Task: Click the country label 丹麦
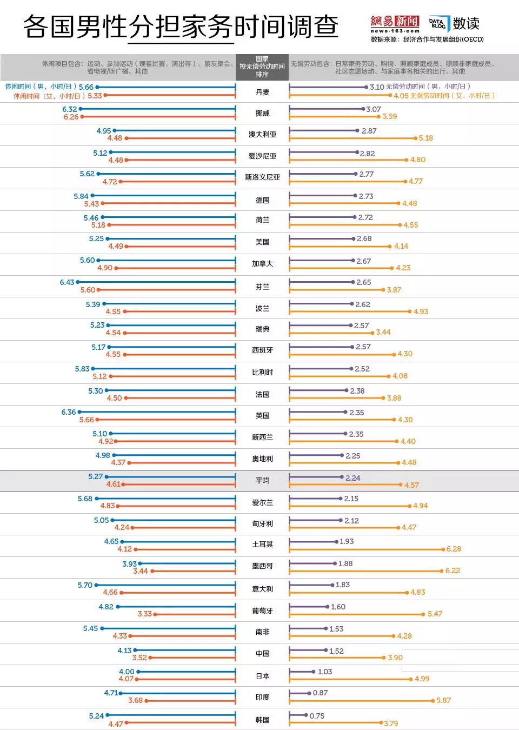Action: tap(262, 92)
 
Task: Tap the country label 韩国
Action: tap(262, 720)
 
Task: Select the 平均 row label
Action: tap(262, 480)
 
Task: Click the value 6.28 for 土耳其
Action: tap(454, 549)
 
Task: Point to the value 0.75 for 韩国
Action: tap(317, 716)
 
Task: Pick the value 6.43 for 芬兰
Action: tap(67, 282)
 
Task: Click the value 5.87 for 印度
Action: tap(443, 700)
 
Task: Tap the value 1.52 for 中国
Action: tap(336, 651)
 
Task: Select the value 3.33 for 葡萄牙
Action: tap(145, 614)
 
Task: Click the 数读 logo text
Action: tap(466, 24)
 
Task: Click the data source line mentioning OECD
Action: tap(427, 39)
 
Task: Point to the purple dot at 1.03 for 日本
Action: tap(313, 672)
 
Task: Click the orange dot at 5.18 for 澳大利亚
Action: tap(416, 138)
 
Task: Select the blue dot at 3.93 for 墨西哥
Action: tap(140, 563)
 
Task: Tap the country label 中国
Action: tap(262, 653)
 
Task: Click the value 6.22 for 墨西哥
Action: tap(453, 570)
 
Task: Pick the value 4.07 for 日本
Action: tap(126, 679)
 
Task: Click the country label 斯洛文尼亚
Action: tap(262, 177)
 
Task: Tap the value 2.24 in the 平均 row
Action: tap(352, 478)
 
